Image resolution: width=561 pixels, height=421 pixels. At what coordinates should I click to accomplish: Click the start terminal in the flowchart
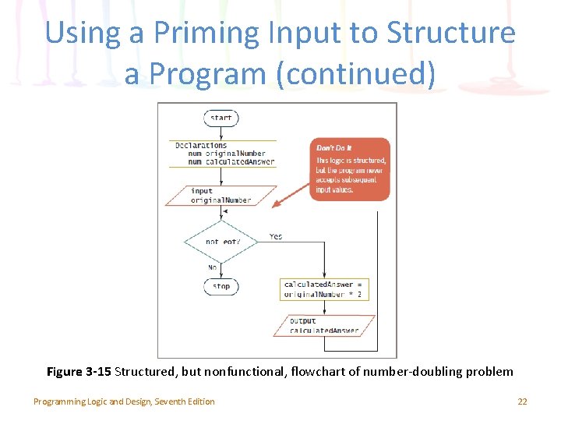click(221, 119)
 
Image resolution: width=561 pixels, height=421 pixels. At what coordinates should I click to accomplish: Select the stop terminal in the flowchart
click(221, 286)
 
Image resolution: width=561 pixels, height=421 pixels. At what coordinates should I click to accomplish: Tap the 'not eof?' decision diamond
click(221, 242)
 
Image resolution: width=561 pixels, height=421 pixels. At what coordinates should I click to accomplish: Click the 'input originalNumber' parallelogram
click(221, 195)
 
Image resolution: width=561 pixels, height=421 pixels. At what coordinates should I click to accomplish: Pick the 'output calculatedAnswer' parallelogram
click(324, 325)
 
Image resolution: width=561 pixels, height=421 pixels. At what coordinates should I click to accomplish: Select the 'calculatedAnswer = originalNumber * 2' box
click(323, 289)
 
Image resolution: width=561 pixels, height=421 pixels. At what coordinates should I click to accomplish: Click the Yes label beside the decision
click(276, 236)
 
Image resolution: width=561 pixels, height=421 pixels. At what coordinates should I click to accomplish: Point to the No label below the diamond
click(213, 267)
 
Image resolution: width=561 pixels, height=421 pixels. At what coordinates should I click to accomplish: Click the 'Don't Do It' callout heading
click(333, 148)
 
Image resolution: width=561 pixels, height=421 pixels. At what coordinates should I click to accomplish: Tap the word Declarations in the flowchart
click(201, 145)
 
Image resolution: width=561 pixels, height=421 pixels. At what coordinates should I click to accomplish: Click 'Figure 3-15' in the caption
click(79, 371)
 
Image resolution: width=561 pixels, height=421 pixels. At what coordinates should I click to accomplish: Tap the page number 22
click(522, 402)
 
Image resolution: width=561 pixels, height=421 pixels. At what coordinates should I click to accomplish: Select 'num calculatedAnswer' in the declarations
click(227, 161)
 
